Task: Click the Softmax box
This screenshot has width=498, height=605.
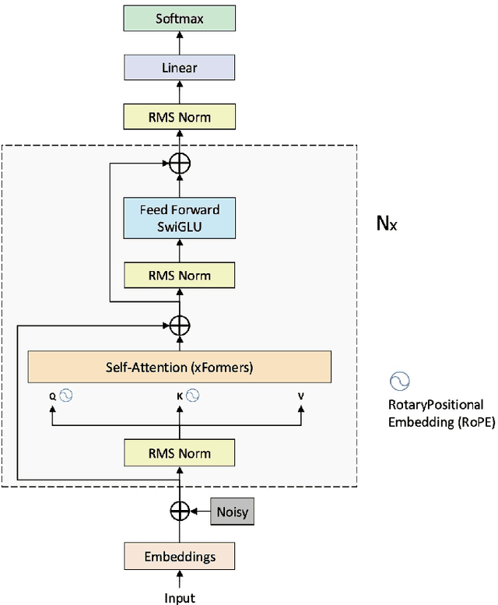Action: click(179, 18)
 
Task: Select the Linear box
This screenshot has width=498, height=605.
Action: click(179, 68)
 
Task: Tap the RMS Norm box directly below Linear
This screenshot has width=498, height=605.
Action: click(179, 117)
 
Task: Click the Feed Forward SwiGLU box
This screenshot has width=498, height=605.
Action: click(179, 217)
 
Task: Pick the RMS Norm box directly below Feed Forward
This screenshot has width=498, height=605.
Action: click(179, 275)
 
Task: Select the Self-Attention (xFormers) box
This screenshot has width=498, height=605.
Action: click(179, 366)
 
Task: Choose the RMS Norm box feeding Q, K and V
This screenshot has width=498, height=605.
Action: click(179, 452)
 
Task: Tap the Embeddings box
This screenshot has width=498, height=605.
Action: click(179, 558)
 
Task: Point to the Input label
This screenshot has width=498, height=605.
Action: click(179, 597)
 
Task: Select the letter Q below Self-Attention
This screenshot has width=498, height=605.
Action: click(53, 396)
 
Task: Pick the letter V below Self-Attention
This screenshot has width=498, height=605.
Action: click(301, 396)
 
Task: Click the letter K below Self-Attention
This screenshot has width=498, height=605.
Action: click(178, 396)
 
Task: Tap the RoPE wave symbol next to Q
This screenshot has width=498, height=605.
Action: click(66, 396)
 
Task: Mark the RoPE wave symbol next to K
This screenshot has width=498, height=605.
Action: click(192, 396)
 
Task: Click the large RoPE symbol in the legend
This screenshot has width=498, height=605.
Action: click(400, 381)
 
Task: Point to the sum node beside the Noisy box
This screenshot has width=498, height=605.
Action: click(180, 511)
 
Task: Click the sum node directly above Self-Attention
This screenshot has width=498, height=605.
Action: click(180, 325)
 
